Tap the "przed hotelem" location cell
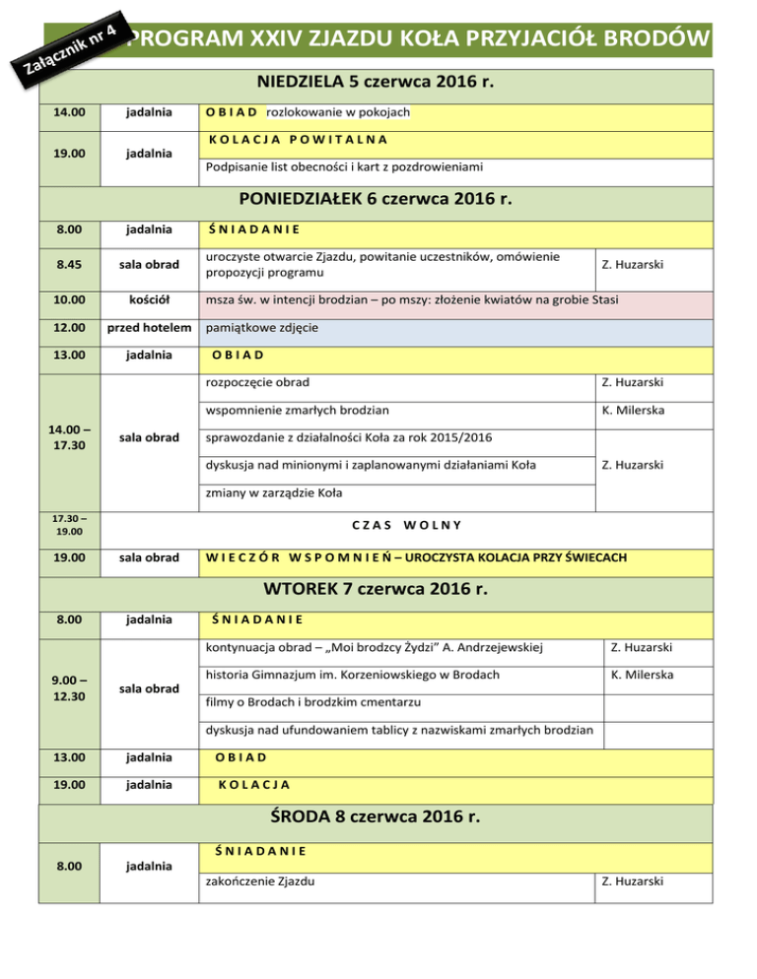point(144,328)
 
